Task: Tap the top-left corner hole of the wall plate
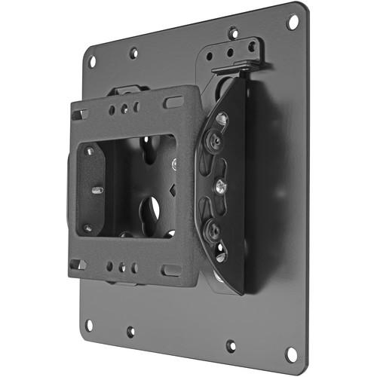[x=93, y=62]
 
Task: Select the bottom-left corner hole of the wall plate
[x=89, y=325]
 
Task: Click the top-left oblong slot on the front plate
[x=79, y=115]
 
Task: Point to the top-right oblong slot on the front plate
[x=173, y=100]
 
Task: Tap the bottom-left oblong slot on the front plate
[x=78, y=264]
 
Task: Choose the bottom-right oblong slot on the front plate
[x=171, y=270]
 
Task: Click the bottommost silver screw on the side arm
[x=219, y=255]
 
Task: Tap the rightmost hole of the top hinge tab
[x=252, y=46]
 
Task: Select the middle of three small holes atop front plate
[x=122, y=109]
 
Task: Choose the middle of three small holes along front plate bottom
[x=122, y=267]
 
